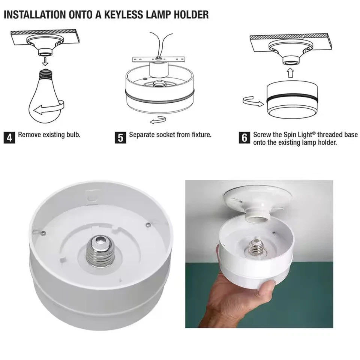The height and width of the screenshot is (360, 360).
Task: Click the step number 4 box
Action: [9, 138]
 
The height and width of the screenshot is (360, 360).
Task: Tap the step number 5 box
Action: [120, 138]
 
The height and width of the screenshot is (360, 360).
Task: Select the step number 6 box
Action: [244, 138]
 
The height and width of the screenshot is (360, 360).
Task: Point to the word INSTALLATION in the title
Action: [35, 15]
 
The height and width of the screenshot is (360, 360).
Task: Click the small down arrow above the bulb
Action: [45, 61]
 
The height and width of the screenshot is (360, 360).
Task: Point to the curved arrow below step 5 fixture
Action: [158, 120]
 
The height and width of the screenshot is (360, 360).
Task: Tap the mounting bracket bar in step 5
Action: [159, 60]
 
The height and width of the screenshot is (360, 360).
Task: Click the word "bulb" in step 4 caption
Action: [73, 135]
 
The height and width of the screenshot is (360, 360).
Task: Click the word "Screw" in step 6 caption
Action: [262, 135]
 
